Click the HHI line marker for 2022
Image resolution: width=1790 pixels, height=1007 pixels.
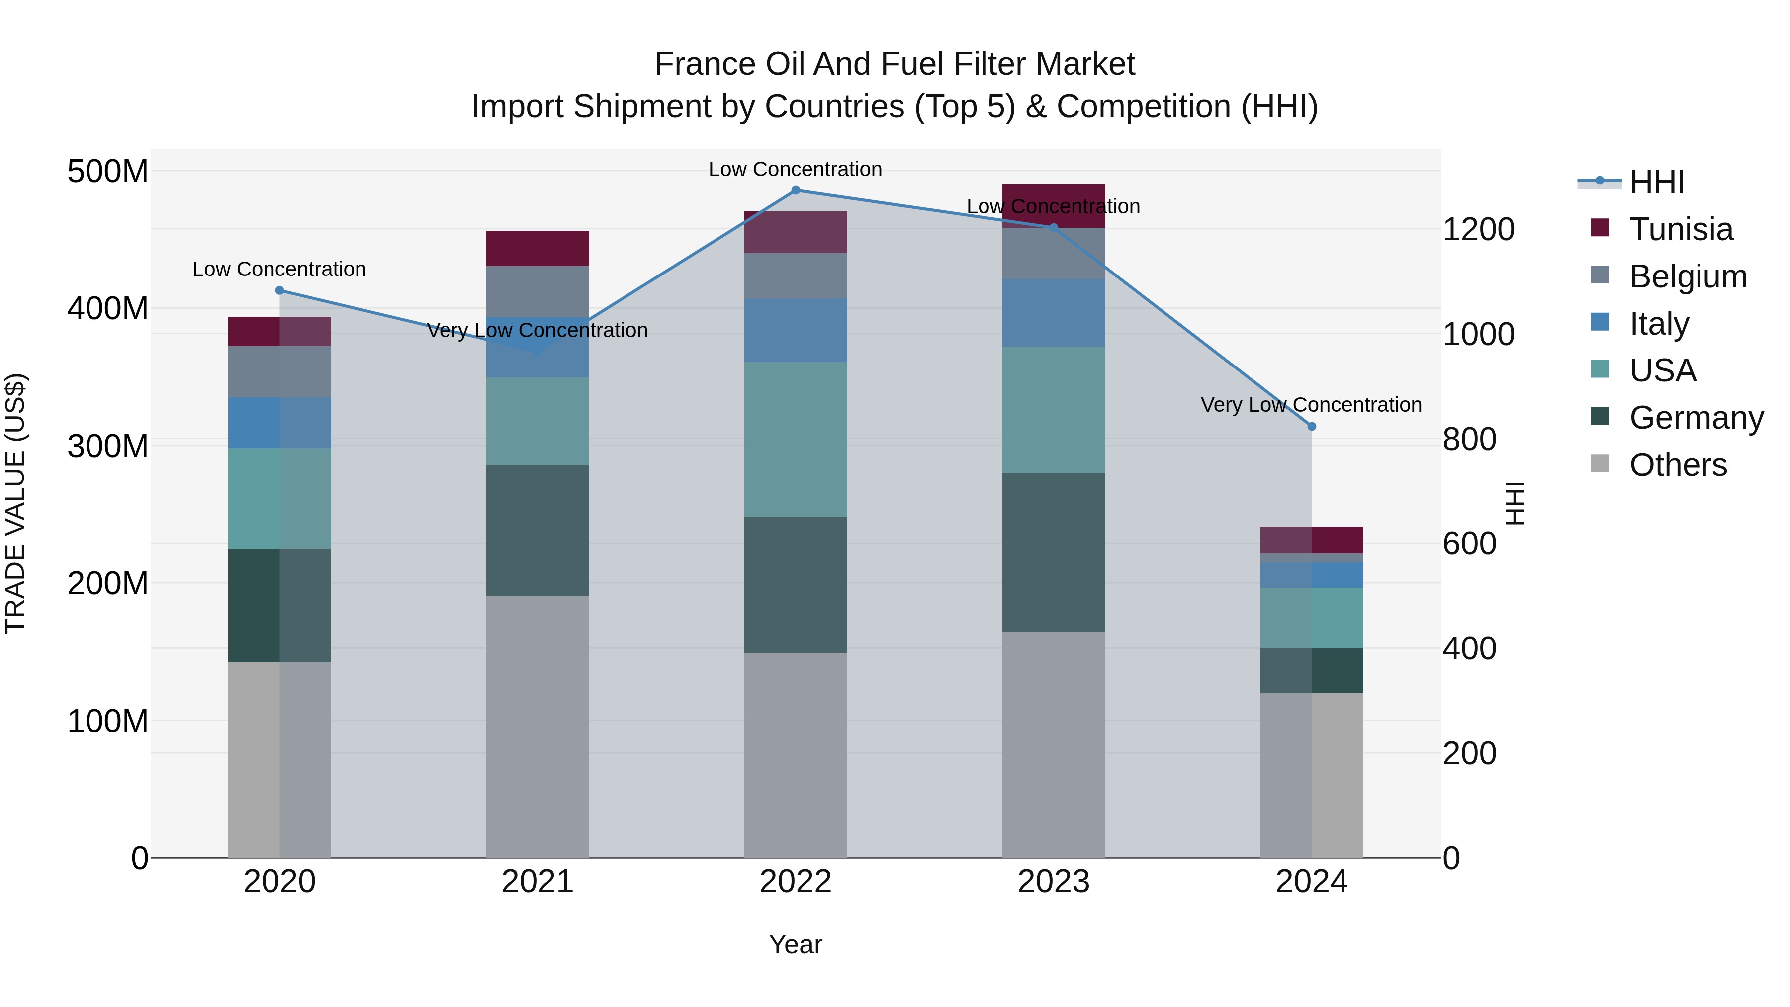click(796, 190)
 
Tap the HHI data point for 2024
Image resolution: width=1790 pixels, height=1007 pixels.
click(1311, 427)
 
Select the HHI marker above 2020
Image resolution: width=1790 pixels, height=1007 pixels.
click(279, 290)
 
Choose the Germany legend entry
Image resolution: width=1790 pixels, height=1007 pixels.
click(1696, 418)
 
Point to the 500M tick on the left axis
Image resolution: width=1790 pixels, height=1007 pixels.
click(108, 171)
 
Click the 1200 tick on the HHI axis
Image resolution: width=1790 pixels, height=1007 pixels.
click(1479, 229)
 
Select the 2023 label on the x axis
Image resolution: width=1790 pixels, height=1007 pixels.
click(1054, 882)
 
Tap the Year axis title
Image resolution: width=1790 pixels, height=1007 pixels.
click(796, 944)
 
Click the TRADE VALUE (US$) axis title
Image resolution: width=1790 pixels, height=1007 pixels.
click(15, 503)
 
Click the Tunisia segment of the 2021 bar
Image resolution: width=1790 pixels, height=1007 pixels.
click(537, 248)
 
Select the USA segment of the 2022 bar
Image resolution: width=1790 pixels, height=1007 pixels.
click(796, 439)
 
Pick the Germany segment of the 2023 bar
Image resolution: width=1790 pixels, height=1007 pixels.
click(1054, 552)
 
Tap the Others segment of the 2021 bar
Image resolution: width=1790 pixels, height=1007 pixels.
click(537, 726)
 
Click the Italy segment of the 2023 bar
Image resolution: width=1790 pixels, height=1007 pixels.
click(1054, 313)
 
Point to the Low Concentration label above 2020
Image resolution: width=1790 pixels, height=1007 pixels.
click(279, 269)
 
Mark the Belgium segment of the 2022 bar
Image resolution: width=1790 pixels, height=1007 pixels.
click(796, 276)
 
